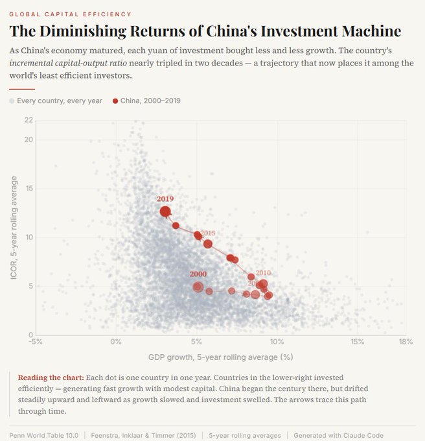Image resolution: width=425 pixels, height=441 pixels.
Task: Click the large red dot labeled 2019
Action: click(x=165, y=211)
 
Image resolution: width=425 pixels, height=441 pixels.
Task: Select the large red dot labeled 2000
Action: click(x=198, y=287)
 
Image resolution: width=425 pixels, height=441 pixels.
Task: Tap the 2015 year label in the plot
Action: click(x=208, y=233)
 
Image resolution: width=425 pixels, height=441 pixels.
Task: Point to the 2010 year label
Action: click(x=263, y=273)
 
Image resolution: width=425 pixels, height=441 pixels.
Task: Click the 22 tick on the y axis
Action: click(x=29, y=120)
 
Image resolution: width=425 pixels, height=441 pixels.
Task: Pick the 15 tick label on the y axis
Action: click(x=29, y=188)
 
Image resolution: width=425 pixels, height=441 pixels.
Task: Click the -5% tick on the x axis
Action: click(x=36, y=342)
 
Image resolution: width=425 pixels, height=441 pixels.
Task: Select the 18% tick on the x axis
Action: click(x=406, y=342)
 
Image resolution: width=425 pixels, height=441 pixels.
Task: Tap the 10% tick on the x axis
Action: click(x=277, y=342)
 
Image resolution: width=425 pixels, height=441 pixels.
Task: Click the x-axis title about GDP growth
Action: click(x=221, y=357)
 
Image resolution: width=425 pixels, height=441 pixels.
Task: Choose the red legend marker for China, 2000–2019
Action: click(x=115, y=101)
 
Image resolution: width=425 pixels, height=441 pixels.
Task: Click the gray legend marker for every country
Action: click(x=12, y=101)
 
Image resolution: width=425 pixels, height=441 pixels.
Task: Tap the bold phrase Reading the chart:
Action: click(x=51, y=377)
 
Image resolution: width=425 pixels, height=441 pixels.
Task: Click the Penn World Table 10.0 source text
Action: click(x=43, y=435)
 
